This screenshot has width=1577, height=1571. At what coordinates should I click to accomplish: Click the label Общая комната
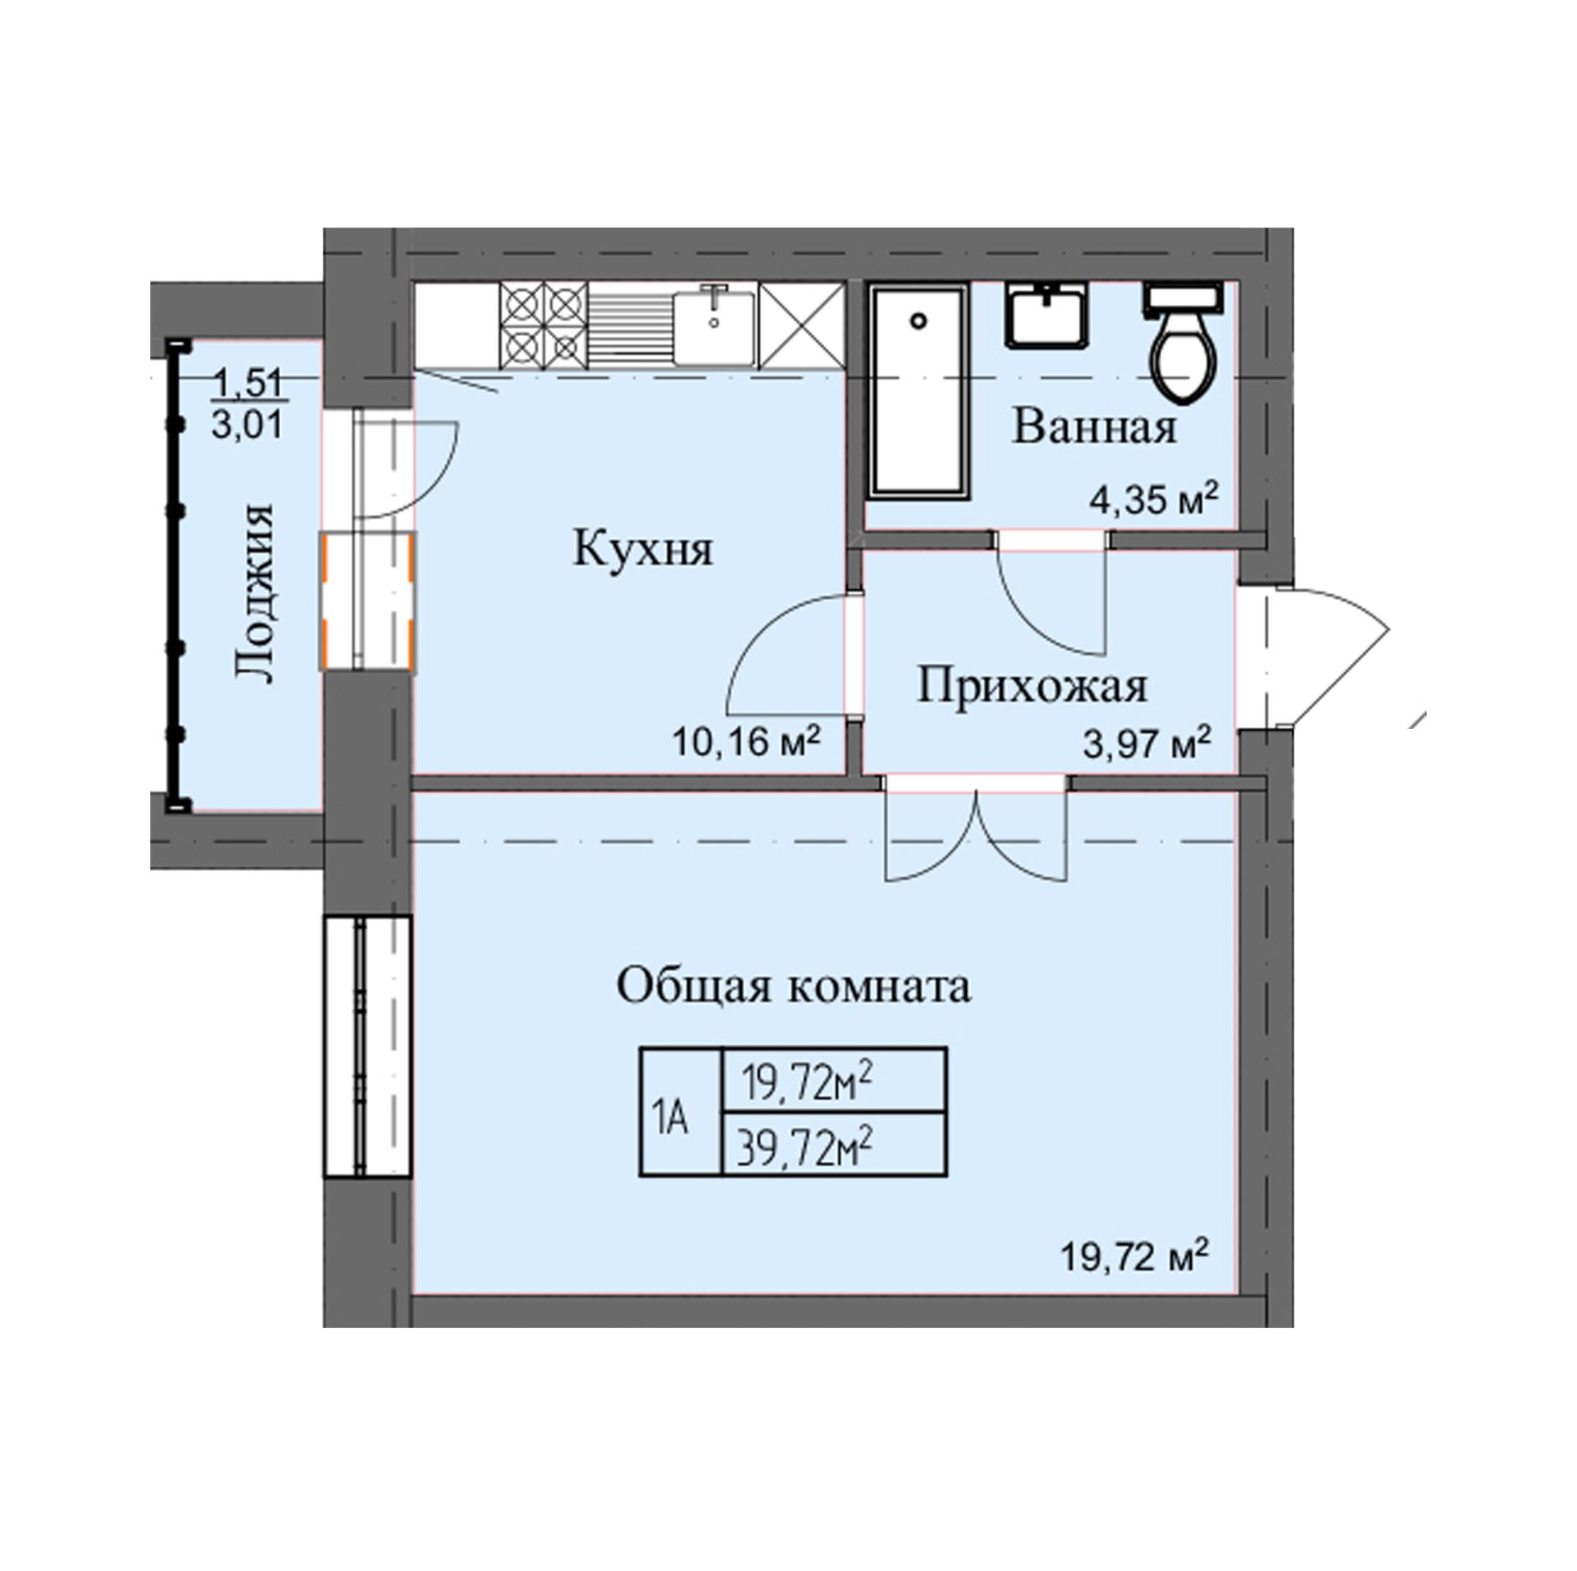pos(793,986)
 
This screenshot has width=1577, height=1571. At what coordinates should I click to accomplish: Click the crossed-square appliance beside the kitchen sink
pos(801,325)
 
